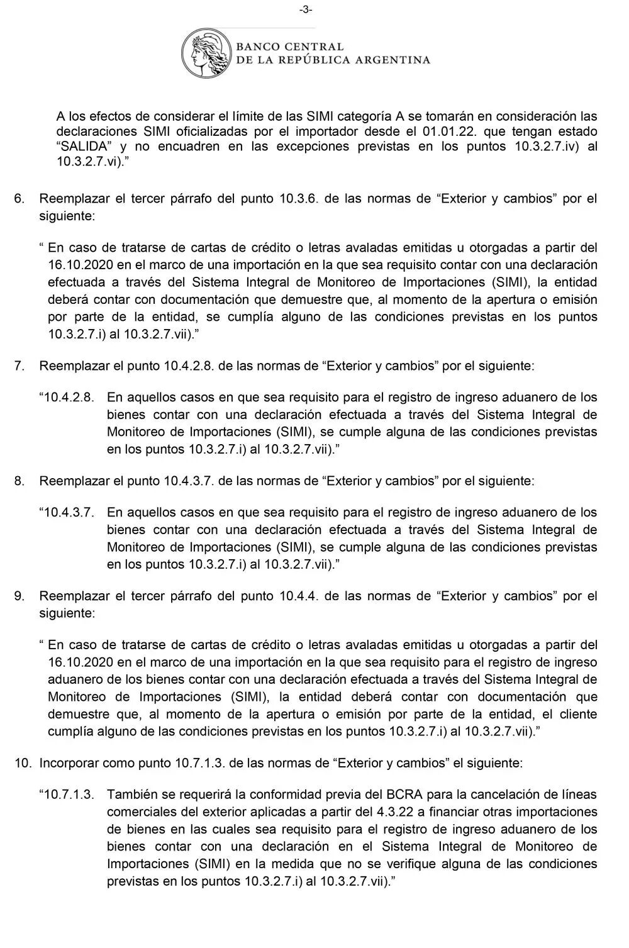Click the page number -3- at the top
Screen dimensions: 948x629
pos(306,9)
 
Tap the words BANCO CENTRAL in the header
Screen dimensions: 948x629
pos(290,47)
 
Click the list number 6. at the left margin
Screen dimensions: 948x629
pos(19,199)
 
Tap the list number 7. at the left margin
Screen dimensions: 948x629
pos(19,365)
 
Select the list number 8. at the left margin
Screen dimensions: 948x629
pos(19,481)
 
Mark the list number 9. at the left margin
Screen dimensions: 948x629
pos(19,596)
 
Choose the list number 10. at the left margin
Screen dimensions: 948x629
pos(23,763)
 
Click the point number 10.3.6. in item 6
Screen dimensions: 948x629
pos(300,199)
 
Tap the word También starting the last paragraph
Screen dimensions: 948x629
pos(133,795)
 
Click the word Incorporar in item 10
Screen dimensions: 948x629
pos(67,763)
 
